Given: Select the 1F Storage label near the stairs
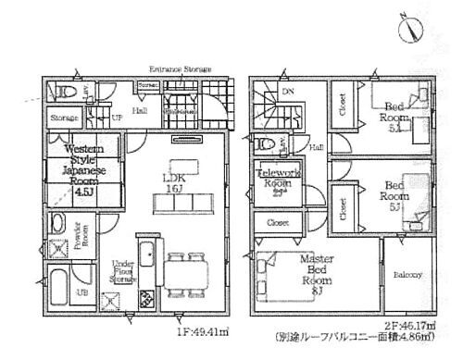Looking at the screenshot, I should (63, 118).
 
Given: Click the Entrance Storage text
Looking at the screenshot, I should (181, 69).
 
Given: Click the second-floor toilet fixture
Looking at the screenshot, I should (266, 144).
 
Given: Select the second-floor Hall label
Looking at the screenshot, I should (316, 145).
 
